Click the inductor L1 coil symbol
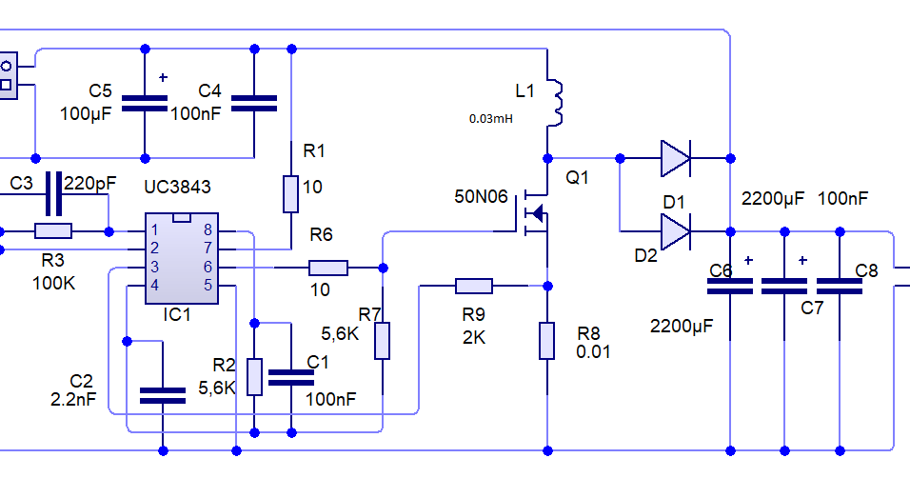click(554, 103)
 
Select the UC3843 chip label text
click(177, 187)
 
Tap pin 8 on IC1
click(208, 230)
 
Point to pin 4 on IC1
click(154, 285)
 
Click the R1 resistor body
click(290, 194)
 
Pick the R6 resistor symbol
click(328, 268)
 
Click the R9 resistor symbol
click(474, 286)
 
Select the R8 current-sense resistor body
click(546, 341)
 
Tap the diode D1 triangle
click(676, 158)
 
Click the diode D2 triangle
click(676, 231)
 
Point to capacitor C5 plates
click(145, 104)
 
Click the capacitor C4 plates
click(254, 104)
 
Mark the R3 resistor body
click(53, 231)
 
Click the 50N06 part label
click(481, 197)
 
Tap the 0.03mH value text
click(491, 118)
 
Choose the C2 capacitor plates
click(163, 396)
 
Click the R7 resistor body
click(382, 341)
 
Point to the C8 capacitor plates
click(840, 287)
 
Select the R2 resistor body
click(254, 377)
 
